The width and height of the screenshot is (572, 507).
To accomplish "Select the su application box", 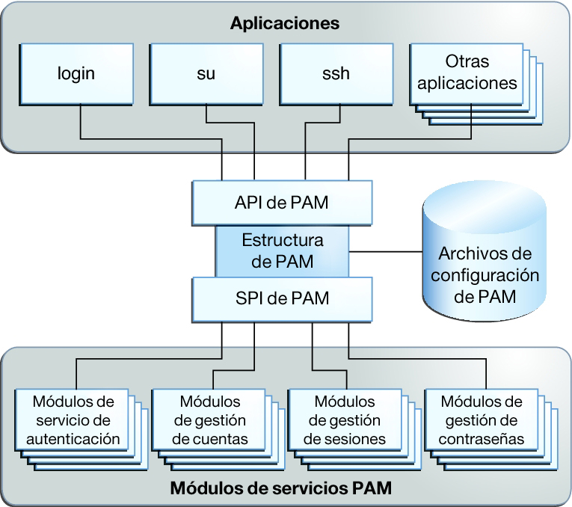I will coord(206,74).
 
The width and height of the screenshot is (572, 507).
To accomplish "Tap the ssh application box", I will coord(336,74).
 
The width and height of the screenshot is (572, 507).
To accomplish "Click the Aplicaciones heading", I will coord(284,23).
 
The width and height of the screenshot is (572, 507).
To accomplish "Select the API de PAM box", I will coord(282,202).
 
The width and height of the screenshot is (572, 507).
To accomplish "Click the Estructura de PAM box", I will coord(282,251).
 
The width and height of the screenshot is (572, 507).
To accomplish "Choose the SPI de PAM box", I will coord(282,298).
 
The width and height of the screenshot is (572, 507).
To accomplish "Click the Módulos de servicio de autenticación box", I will coord(73,420).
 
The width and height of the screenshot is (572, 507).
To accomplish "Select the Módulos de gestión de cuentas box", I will coord(209,420).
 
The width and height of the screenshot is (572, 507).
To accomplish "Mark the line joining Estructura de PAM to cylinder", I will coord(386,251).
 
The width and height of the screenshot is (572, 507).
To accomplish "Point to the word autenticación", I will coord(73,438).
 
